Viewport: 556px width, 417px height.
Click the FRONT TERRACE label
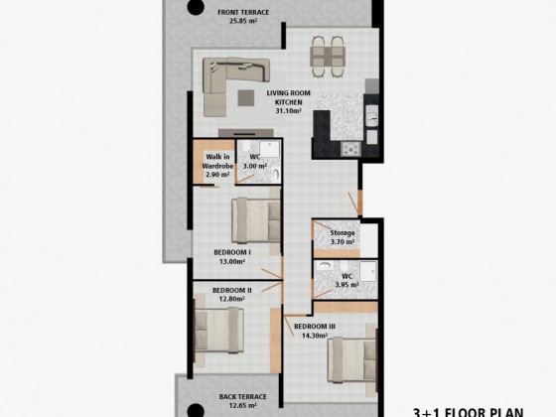(243, 12)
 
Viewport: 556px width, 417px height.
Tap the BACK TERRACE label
(243, 397)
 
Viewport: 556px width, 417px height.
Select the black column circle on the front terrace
(196, 6)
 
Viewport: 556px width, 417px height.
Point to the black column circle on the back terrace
(196, 411)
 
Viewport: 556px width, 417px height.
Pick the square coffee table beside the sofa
(246, 98)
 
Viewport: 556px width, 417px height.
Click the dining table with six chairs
(328, 57)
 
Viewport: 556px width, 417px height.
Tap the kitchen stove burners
(350, 149)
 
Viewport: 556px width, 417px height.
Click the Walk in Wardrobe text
(217, 161)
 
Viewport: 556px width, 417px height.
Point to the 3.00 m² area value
(255, 166)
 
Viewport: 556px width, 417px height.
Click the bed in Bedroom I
(256, 220)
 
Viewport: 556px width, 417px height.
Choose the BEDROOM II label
(232, 290)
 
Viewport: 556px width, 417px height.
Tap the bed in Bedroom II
(219, 331)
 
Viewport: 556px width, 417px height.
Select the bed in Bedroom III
(351, 359)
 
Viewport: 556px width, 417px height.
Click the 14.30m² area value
(315, 336)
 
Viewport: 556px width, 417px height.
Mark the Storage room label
(343, 233)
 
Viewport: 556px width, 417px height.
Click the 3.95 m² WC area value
(347, 285)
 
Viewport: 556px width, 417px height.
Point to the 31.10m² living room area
(289, 110)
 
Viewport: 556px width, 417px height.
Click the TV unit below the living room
(246, 133)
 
